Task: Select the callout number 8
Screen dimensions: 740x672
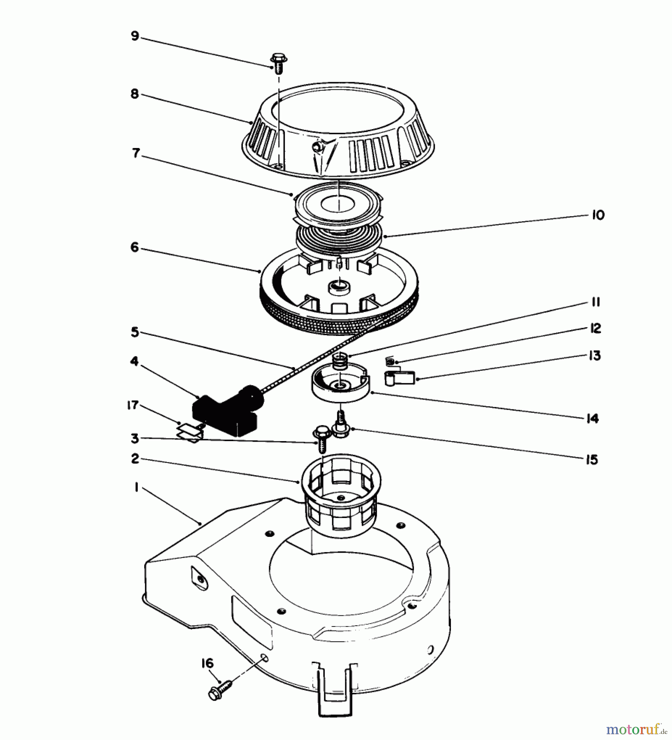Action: pyautogui.click(x=135, y=94)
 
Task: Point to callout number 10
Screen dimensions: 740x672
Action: pyautogui.click(x=598, y=215)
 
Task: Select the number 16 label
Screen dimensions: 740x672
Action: pyautogui.click(x=208, y=663)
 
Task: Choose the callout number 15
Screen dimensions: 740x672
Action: pyautogui.click(x=591, y=460)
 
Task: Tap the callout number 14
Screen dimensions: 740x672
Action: pyautogui.click(x=592, y=419)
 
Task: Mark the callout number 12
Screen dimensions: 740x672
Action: pyautogui.click(x=595, y=328)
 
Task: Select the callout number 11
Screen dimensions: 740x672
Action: pyautogui.click(x=596, y=303)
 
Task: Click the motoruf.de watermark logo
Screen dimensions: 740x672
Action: pyautogui.click(x=637, y=729)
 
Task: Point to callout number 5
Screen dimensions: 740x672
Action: pyautogui.click(x=135, y=332)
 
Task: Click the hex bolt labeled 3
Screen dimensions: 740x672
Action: pyautogui.click(x=321, y=440)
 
